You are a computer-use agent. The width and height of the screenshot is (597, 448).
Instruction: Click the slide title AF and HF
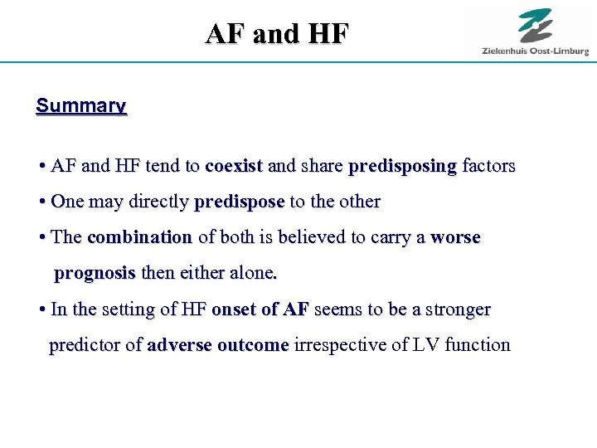[278, 34]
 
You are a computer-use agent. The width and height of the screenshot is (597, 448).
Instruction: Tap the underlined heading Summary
[81, 106]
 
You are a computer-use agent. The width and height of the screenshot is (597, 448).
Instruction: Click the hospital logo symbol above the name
[536, 26]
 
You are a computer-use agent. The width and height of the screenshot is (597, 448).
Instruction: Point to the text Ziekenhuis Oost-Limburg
[536, 51]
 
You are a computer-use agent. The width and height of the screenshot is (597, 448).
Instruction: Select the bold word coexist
[234, 166]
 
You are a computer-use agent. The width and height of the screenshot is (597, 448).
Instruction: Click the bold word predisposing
[402, 167]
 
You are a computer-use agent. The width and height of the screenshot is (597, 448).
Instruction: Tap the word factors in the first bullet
[488, 166]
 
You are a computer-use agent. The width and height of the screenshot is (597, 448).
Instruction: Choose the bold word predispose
[239, 202]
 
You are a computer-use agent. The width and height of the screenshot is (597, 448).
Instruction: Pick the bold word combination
[139, 237]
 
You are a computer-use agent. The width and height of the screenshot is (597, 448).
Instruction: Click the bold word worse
[455, 237]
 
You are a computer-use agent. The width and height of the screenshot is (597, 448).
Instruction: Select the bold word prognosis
[95, 274]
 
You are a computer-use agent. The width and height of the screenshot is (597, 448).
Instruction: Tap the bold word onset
[235, 309]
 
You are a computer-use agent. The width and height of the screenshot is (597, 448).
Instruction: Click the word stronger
[458, 310]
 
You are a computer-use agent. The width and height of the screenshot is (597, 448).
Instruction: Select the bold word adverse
[177, 345]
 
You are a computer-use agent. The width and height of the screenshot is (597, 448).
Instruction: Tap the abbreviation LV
[426, 345]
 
